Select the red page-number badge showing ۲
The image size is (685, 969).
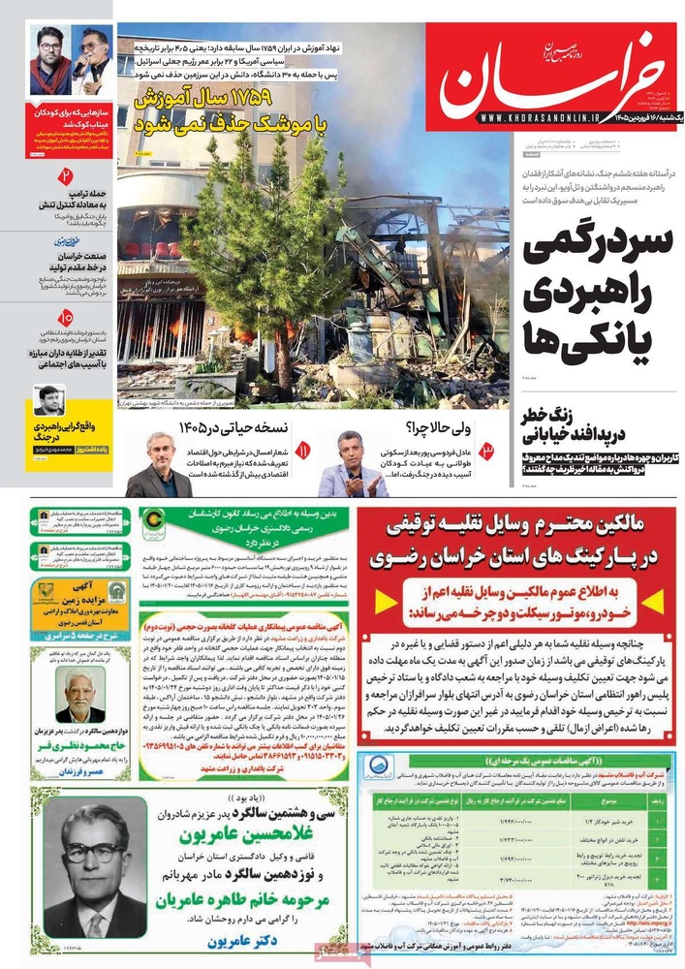[x=66, y=176]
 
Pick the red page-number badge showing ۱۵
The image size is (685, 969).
[x=66, y=317]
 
